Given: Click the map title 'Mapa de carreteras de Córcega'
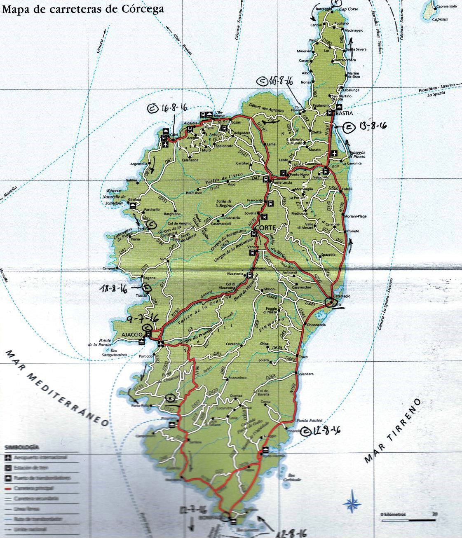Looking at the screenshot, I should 83,9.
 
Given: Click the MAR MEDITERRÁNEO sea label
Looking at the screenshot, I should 58,387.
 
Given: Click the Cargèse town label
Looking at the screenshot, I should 109,268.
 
